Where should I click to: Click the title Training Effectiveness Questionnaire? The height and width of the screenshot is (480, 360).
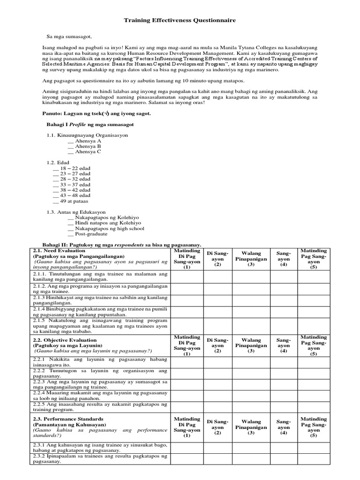(180, 21)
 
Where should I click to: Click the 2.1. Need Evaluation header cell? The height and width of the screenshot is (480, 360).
(100, 260)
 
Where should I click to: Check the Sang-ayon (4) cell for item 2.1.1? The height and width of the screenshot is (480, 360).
(284, 277)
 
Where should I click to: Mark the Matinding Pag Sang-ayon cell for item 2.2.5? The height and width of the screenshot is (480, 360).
(314, 406)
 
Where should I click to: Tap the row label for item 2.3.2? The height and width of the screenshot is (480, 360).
(100, 458)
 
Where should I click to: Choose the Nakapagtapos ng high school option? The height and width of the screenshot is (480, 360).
(107, 228)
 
